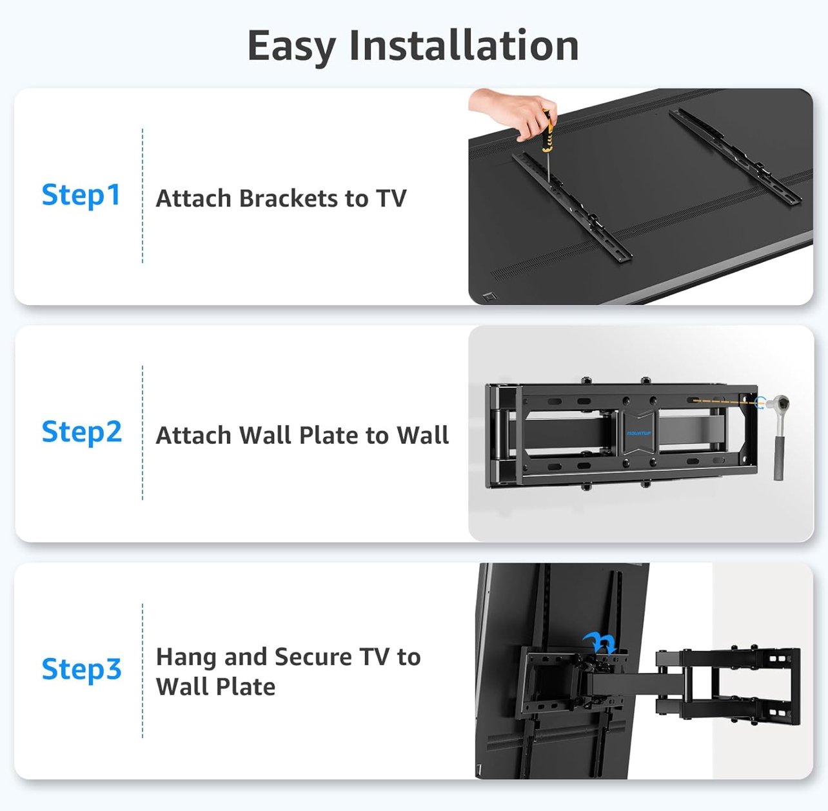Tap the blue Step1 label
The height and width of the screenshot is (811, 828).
[81, 195]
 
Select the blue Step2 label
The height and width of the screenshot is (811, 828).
[82, 432]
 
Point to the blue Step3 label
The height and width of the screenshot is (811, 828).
[82, 670]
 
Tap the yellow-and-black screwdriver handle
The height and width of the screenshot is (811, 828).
[548, 131]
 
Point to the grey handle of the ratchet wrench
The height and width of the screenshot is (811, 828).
[778, 458]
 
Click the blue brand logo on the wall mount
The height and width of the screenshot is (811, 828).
[639, 433]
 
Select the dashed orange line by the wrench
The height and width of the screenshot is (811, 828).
[726, 402]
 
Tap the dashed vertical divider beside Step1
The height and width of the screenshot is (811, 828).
[143, 195]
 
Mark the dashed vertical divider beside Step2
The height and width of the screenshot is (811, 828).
[143, 432]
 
